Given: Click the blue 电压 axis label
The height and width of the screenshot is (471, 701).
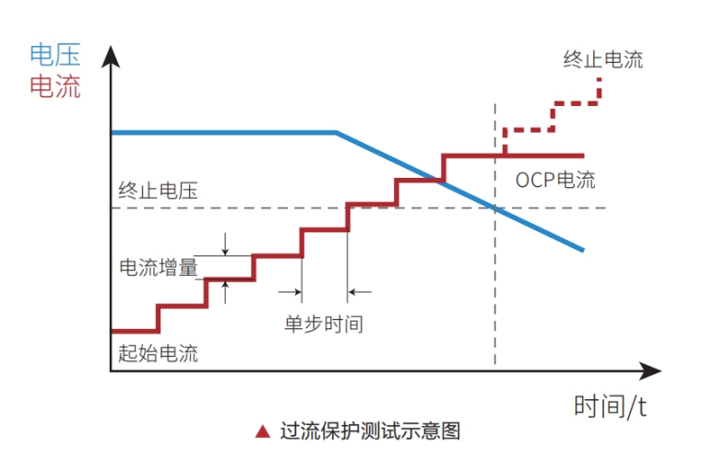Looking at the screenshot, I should [55, 55].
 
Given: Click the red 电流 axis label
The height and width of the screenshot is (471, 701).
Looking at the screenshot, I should [55, 87].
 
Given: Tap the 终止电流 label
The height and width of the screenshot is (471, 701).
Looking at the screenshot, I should [603, 61].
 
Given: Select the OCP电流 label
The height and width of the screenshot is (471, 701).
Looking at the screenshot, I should [555, 179].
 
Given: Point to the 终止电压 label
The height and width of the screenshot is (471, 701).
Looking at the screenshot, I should [158, 192].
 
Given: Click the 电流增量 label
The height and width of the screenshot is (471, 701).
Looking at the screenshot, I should [159, 267].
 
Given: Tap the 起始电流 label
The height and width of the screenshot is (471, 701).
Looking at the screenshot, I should [158, 352].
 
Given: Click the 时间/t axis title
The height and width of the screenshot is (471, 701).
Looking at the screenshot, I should [610, 406].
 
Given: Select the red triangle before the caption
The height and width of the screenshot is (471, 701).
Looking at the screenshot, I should [263, 431].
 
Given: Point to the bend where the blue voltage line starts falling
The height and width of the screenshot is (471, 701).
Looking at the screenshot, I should [336, 133].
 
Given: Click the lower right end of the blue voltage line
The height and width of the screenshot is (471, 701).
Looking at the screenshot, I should [583, 249].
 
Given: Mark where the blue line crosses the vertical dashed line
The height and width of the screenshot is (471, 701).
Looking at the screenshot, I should [496, 208].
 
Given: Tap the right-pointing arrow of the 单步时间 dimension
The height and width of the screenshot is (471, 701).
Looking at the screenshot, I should [297, 292].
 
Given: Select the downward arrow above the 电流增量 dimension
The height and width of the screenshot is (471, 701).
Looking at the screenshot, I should [224, 249].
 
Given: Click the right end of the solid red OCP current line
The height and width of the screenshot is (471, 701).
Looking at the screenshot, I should [583, 156].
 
